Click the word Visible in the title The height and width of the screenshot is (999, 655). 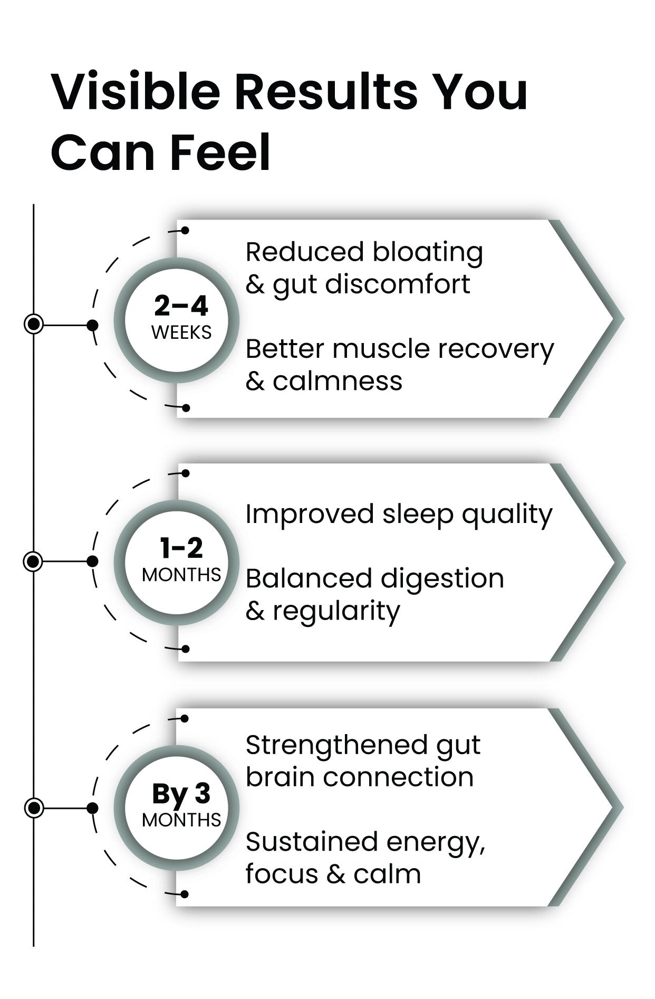[136, 92]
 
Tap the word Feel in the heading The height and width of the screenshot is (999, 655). [221, 153]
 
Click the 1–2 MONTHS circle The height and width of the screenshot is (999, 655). [177, 562]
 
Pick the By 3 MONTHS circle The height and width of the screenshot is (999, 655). [177, 807]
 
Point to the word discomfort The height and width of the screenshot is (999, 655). [398, 285]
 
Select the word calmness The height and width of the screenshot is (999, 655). [338, 381]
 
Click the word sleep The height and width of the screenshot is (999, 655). [418, 515]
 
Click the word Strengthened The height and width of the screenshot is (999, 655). [337, 746]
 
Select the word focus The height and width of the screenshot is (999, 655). [282, 874]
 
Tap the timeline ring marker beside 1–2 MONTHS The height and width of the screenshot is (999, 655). [33, 561]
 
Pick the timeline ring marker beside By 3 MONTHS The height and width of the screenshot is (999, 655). [34, 807]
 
